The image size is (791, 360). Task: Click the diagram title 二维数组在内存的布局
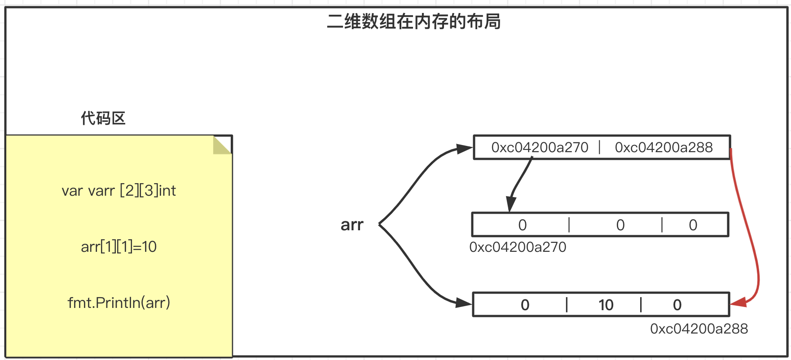coord(413,22)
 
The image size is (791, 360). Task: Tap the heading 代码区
coord(103,119)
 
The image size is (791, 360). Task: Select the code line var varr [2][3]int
coord(119,191)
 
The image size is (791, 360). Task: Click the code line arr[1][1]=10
coord(119,247)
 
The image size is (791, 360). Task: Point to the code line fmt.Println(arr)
coord(119,303)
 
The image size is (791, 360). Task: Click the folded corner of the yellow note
coord(221,145)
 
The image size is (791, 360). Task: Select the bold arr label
coord(352,225)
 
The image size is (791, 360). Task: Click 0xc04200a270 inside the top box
coord(540,147)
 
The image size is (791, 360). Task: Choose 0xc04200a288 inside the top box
coord(664,147)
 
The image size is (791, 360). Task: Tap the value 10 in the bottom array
coord(606,305)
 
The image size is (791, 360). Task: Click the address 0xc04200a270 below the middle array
coord(518,247)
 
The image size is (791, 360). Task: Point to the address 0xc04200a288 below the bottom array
coord(699,329)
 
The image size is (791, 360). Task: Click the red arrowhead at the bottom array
coord(738,302)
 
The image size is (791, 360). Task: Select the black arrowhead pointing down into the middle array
coord(510,204)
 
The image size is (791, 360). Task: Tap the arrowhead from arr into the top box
coord(465,149)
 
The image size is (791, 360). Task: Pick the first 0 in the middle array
coord(522,225)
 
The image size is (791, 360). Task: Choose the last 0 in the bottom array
coord(677,305)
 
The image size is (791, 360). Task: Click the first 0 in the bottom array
coord(525,305)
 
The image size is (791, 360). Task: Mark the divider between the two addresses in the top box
coord(600,147)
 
